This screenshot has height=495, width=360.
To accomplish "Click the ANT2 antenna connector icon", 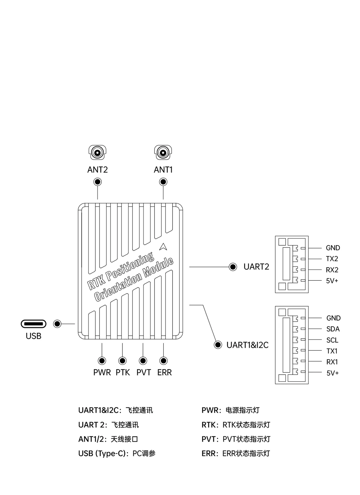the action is point(97,152).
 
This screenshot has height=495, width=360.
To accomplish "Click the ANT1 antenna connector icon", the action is point(163,152).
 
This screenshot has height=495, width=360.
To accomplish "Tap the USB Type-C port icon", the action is point(34,324).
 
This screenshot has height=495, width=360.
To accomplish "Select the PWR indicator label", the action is point(102,372).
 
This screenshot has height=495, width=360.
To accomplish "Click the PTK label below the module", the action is point(123,372).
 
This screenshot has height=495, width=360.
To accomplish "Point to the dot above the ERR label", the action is point(163,361).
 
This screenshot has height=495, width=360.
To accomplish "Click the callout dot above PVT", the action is point(143,361).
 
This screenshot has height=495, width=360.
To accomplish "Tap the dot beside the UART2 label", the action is point(233,267).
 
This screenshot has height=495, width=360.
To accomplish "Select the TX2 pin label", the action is point(332,259).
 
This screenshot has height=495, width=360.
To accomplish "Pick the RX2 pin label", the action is point(332,270).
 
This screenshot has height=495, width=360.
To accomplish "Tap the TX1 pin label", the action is point(332,351).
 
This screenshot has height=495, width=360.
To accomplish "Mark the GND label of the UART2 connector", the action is point(333,248).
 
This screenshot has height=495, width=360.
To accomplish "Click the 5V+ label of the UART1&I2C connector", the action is point(333,373).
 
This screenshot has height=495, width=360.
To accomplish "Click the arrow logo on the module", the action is point(163,247).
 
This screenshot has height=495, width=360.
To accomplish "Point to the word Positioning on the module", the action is point(129,267).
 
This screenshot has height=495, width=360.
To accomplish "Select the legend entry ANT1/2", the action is point(91,439).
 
